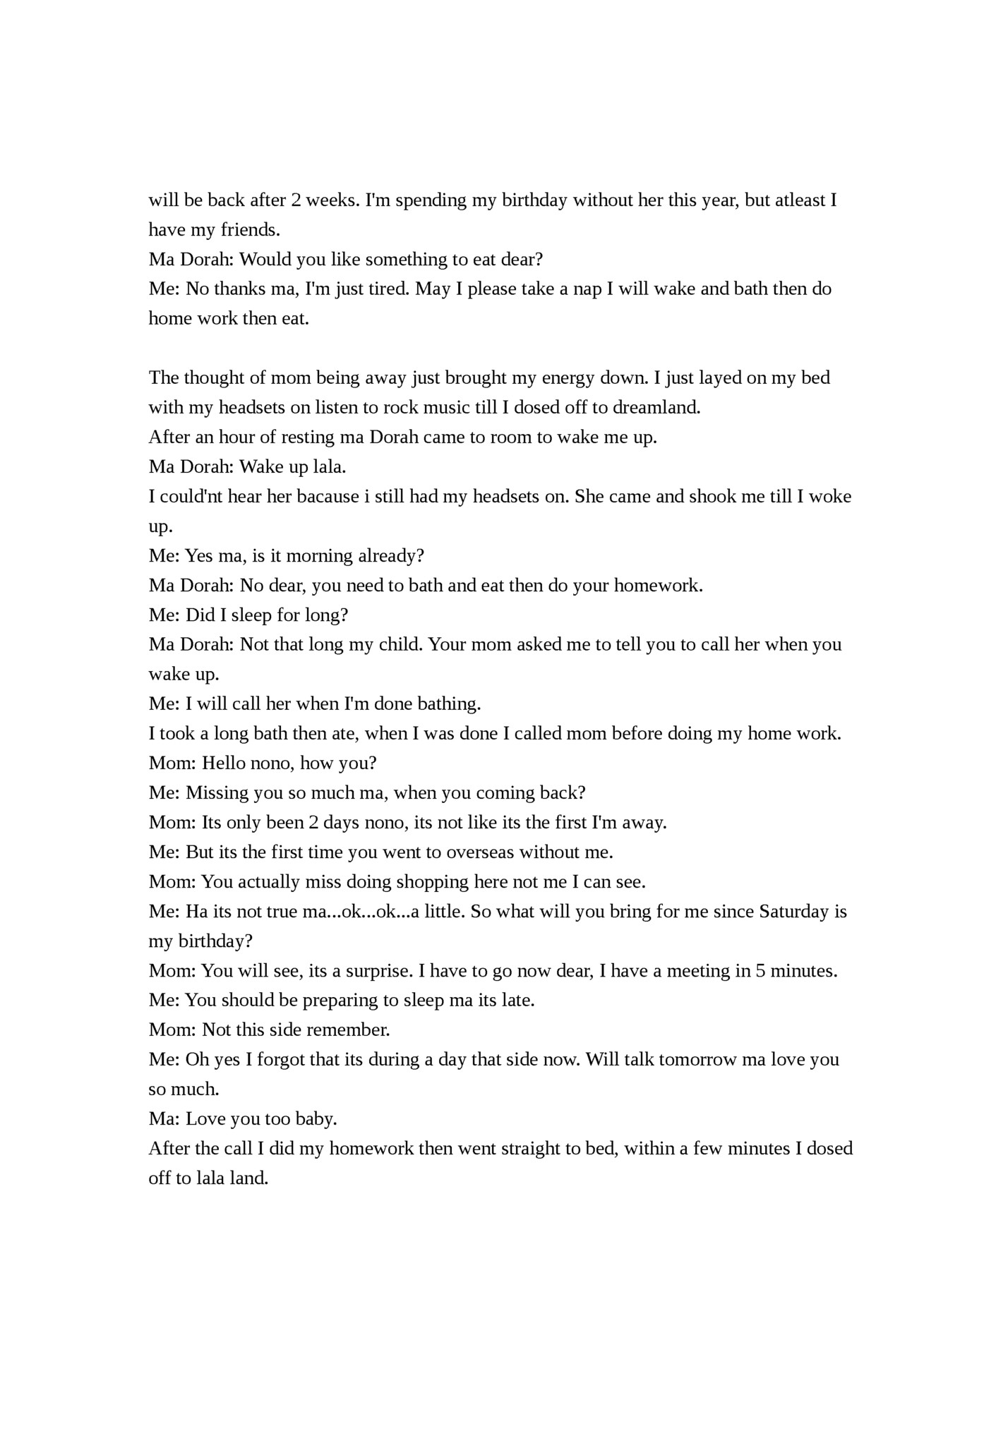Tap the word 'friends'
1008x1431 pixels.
pos(250,230)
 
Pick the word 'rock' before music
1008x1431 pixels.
pos(401,408)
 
